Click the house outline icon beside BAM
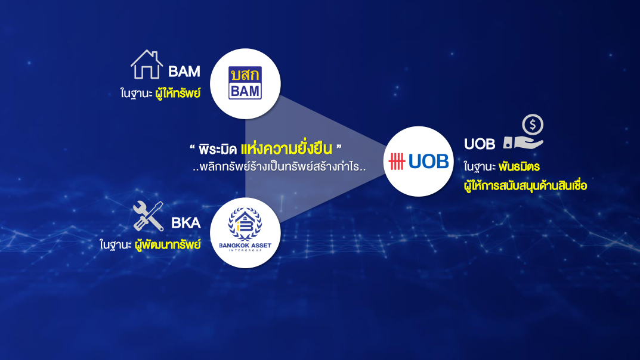[x=147, y=64]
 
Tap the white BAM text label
[x=184, y=72]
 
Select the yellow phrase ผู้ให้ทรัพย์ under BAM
[x=178, y=93]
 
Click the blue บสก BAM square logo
[x=245, y=83]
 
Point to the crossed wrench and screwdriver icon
[x=148, y=216]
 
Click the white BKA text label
[x=185, y=223]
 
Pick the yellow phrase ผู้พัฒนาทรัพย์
[x=168, y=244]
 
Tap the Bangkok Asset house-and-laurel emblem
[x=245, y=224]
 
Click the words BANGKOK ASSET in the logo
[x=245, y=246]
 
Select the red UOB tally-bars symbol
[x=397, y=162]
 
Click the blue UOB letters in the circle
[x=429, y=162]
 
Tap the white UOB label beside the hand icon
[x=480, y=144]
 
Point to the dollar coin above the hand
[x=533, y=125]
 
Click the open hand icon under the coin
[x=523, y=142]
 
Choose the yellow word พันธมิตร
[x=519, y=167]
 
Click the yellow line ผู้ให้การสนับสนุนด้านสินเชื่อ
[x=525, y=186]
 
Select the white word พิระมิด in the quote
[x=218, y=150]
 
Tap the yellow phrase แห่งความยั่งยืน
[x=286, y=148]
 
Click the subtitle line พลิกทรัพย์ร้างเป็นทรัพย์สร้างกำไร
[x=279, y=167]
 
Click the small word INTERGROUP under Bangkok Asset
[x=245, y=250]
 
